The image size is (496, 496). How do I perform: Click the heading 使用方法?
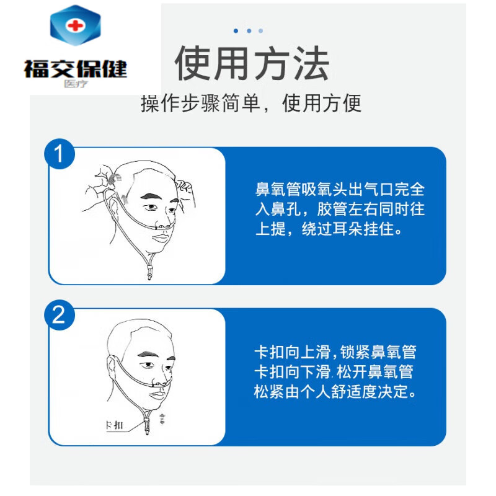click(251, 64)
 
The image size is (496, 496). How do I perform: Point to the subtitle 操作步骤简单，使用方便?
click(251, 103)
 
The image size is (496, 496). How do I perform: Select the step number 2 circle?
click(61, 317)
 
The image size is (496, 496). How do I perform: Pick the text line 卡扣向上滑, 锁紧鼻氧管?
click(335, 352)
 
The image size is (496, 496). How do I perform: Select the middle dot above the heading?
click(249, 30)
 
